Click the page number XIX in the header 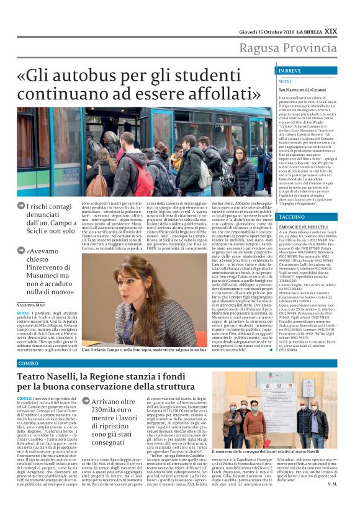tap(347, 13)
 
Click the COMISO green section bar tap(180, 363)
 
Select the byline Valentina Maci tap(31, 305)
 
